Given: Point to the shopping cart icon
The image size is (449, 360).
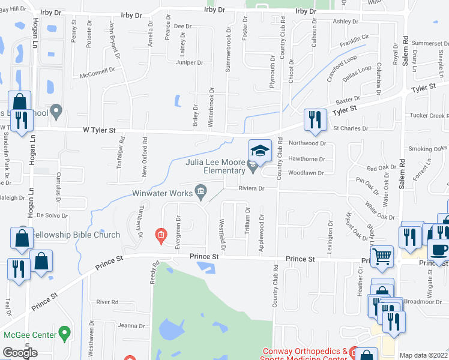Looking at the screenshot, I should (382, 257).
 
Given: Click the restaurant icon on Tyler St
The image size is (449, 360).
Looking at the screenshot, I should (314, 120).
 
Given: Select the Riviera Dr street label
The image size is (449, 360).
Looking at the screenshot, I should (252, 188).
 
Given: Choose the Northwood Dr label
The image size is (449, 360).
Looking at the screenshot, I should (307, 143).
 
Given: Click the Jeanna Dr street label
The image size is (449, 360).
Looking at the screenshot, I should (132, 326).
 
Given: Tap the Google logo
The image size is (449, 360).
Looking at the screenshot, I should (20, 353).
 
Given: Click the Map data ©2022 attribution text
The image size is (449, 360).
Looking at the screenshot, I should (423, 355).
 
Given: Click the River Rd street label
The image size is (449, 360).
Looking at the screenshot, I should (107, 302).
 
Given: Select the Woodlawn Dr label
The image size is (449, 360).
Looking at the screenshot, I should (306, 173).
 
